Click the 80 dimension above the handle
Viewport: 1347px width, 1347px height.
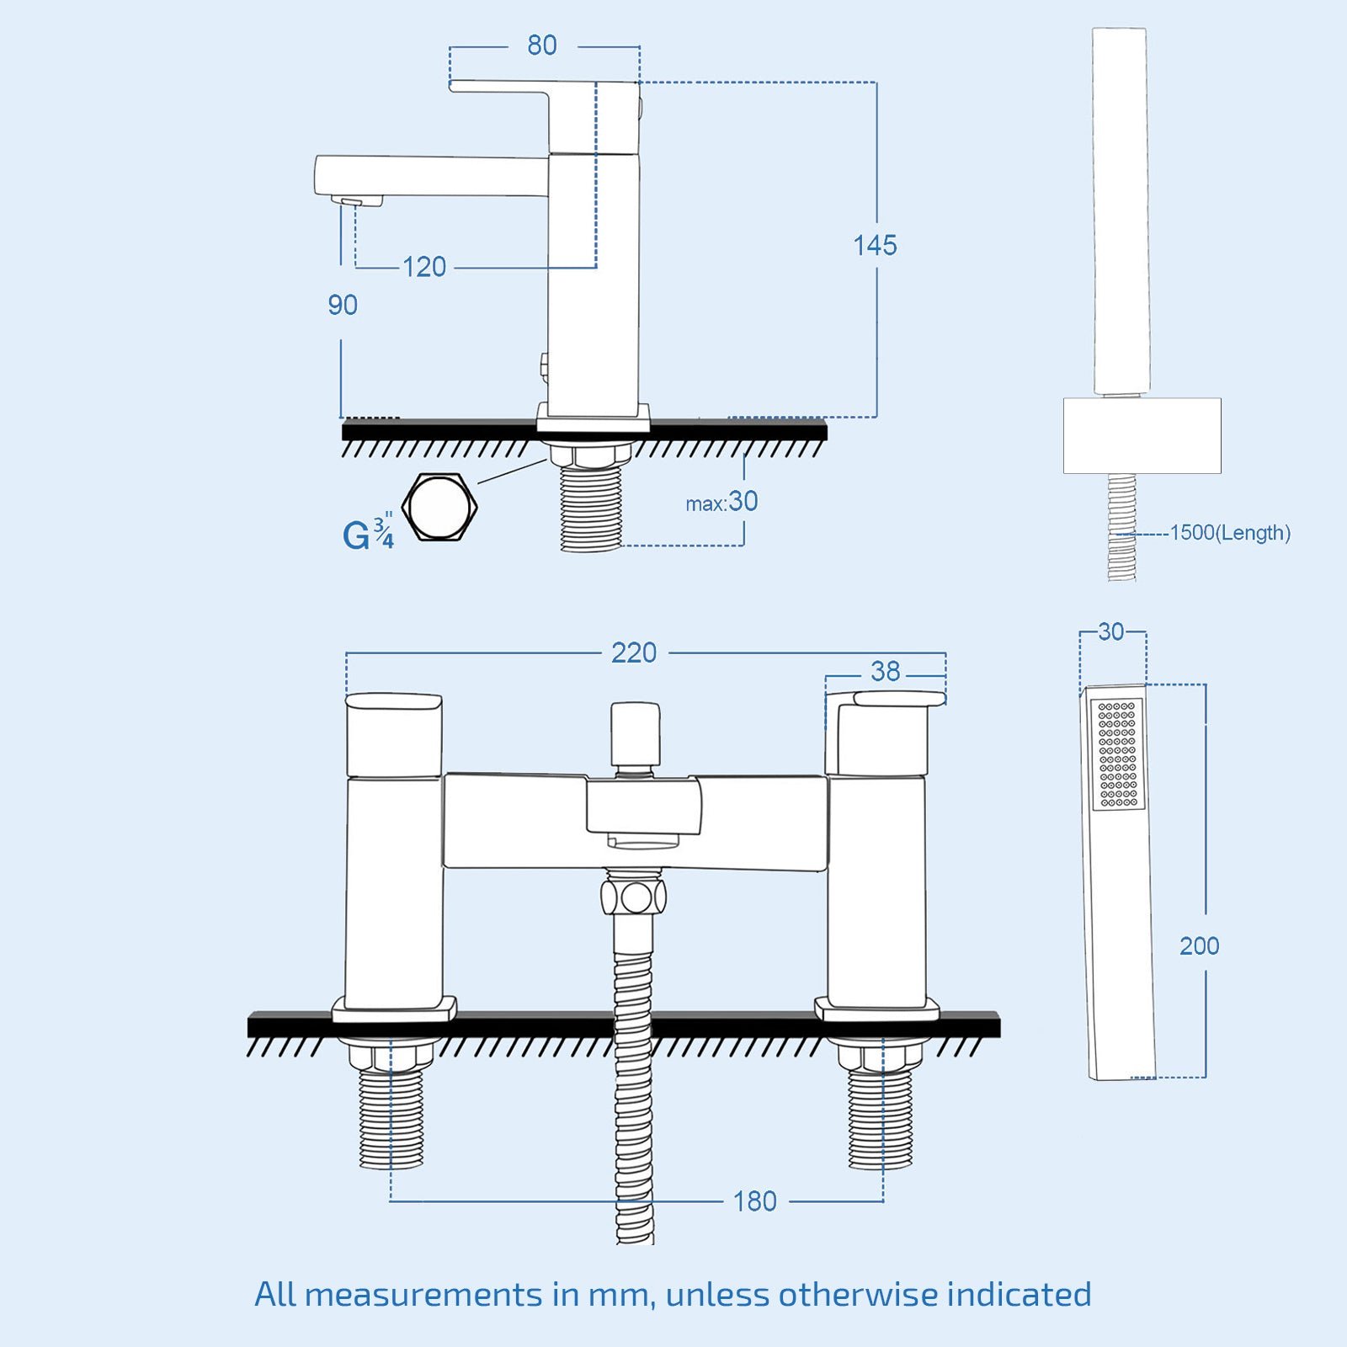[x=542, y=45]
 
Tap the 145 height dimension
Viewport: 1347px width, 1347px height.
[x=875, y=246]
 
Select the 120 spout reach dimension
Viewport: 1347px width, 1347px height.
[x=424, y=268]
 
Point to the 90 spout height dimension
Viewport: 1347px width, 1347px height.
[x=343, y=305]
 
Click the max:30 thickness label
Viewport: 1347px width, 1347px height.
[x=721, y=503]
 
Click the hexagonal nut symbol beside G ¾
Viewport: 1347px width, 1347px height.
[x=439, y=507]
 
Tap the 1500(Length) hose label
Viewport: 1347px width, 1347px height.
[x=1230, y=533]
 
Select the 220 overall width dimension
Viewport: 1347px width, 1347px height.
[x=634, y=653]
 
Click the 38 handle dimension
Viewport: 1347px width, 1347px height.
[x=886, y=672]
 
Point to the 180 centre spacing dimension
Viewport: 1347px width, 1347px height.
[x=754, y=1201]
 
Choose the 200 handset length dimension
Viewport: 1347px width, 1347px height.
[x=1199, y=946]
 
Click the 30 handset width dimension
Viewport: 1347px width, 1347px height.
[x=1111, y=632]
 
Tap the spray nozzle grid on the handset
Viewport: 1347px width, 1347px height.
[x=1118, y=754]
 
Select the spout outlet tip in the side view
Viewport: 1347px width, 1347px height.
[x=357, y=200]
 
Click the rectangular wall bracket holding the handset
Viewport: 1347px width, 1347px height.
[x=1142, y=435]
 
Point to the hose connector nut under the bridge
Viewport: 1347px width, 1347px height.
[x=634, y=896]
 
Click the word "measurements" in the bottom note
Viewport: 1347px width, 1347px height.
[x=423, y=1295]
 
